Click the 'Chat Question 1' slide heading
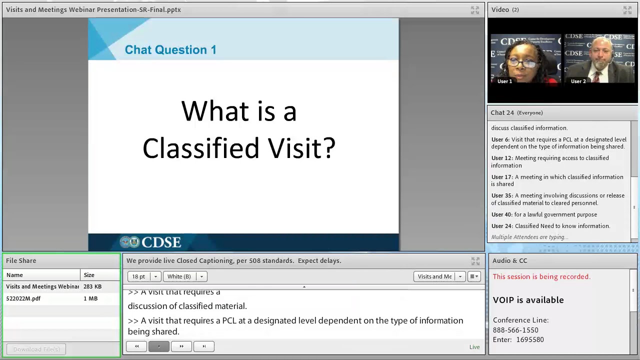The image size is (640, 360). (x=170, y=50)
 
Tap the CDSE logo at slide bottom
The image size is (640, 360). (x=150, y=242)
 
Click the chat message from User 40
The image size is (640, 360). (x=544, y=214)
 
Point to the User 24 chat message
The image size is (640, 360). (x=550, y=226)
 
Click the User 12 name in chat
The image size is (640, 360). (x=501, y=158)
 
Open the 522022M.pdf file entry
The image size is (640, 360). (x=23, y=298)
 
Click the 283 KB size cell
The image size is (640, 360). (x=92, y=286)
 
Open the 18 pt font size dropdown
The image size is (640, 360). (x=144, y=276)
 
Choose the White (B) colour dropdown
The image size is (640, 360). (x=184, y=276)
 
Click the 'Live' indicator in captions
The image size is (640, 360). (x=474, y=347)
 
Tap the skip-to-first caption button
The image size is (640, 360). (x=136, y=346)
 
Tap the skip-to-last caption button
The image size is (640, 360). (x=204, y=346)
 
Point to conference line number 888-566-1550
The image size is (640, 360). (x=515, y=330)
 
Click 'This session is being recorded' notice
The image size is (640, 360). (x=541, y=276)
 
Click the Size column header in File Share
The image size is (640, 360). (x=89, y=275)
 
